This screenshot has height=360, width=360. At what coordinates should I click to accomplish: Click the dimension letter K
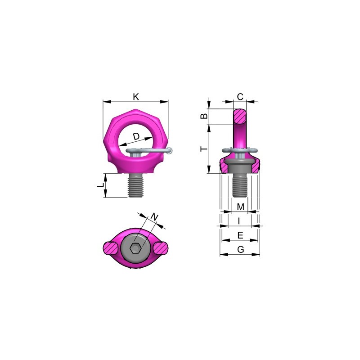coord(136,96)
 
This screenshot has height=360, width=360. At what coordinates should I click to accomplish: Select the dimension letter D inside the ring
coord(136,136)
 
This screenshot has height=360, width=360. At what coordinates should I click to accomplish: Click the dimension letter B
coord(204,116)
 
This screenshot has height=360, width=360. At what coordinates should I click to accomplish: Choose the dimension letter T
coord(203,148)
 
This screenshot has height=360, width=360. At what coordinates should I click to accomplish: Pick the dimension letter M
coord(240,207)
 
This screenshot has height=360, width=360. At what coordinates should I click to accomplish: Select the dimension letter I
coord(239,221)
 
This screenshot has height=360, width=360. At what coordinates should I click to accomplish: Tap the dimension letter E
coord(240,235)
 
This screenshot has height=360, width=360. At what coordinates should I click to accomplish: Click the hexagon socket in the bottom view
coord(135,248)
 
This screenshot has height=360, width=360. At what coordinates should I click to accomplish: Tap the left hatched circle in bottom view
coord(111,247)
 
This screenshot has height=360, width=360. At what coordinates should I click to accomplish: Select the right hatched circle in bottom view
coord(161,247)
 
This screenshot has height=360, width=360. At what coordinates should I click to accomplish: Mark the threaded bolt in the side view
coord(240,185)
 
